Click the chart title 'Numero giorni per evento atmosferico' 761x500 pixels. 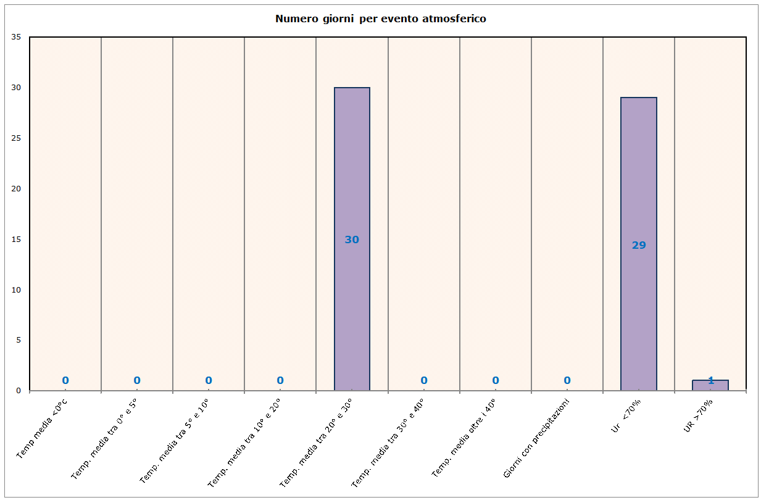click(380, 19)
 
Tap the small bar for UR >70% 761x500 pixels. click(710, 385)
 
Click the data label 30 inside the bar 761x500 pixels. click(352, 240)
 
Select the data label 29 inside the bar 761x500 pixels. click(639, 245)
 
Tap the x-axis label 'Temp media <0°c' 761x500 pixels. click(42, 429)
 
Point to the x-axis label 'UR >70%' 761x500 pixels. click(699, 415)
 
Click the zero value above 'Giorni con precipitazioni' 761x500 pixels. click(567, 380)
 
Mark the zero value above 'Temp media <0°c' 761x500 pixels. click(65, 380)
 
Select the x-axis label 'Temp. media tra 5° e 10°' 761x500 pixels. click(175, 440)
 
